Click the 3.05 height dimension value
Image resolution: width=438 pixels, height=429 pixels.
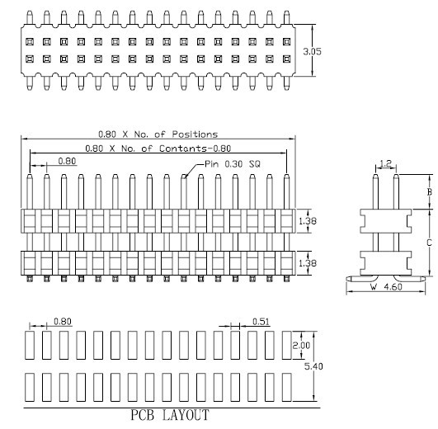pyautogui.click(x=312, y=51)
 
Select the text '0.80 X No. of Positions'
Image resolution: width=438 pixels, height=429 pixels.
pyautogui.click(x=158, y=134)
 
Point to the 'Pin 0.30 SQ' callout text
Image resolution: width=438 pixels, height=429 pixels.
pyautogui.click(x=233, y=164)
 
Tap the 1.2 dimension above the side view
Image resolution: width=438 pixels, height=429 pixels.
pyautogui.click(x=386, y=163)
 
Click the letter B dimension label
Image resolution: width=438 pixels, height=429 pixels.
pyautogui.click(x=430, y=192)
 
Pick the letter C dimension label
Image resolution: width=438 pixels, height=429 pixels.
pyautogui.click(x=430, y=243)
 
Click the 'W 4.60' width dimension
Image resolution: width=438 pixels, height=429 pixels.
pyautogui.click(x=386, y=287)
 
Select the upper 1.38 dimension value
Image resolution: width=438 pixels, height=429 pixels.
pyautogui.click(x=308, y=221)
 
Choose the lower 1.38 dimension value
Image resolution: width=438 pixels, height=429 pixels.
pyautogui.click(x=308, y=263)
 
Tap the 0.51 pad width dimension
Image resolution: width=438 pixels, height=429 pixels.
pyautogui.click(x=261, y=322)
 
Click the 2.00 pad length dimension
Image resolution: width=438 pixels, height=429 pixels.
pyautogui.click(x=301, y=346)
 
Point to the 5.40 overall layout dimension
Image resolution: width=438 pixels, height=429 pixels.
pyautogui.click(x=313, y=366)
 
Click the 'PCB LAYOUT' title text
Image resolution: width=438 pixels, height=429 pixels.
pyautogui.click(x=170, y=415)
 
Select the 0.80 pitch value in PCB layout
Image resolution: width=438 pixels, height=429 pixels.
pyautogui.click(x=63, y=322)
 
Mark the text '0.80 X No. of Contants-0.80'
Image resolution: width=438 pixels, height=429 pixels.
pyautogui.click(x=158, y=148)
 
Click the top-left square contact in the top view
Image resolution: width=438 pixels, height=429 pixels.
pyautogui.click(x=30, y=42)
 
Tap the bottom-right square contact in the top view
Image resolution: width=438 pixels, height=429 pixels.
pyautogui.click(x=286, y=59)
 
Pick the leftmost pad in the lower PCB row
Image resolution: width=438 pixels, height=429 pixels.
pyautogui.click(x=30, y=388)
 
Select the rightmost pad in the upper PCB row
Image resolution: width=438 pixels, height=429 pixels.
pyautogui.click(x=287, y=345)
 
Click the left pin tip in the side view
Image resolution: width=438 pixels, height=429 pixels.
pyautogui.click(x=375, y=175)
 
